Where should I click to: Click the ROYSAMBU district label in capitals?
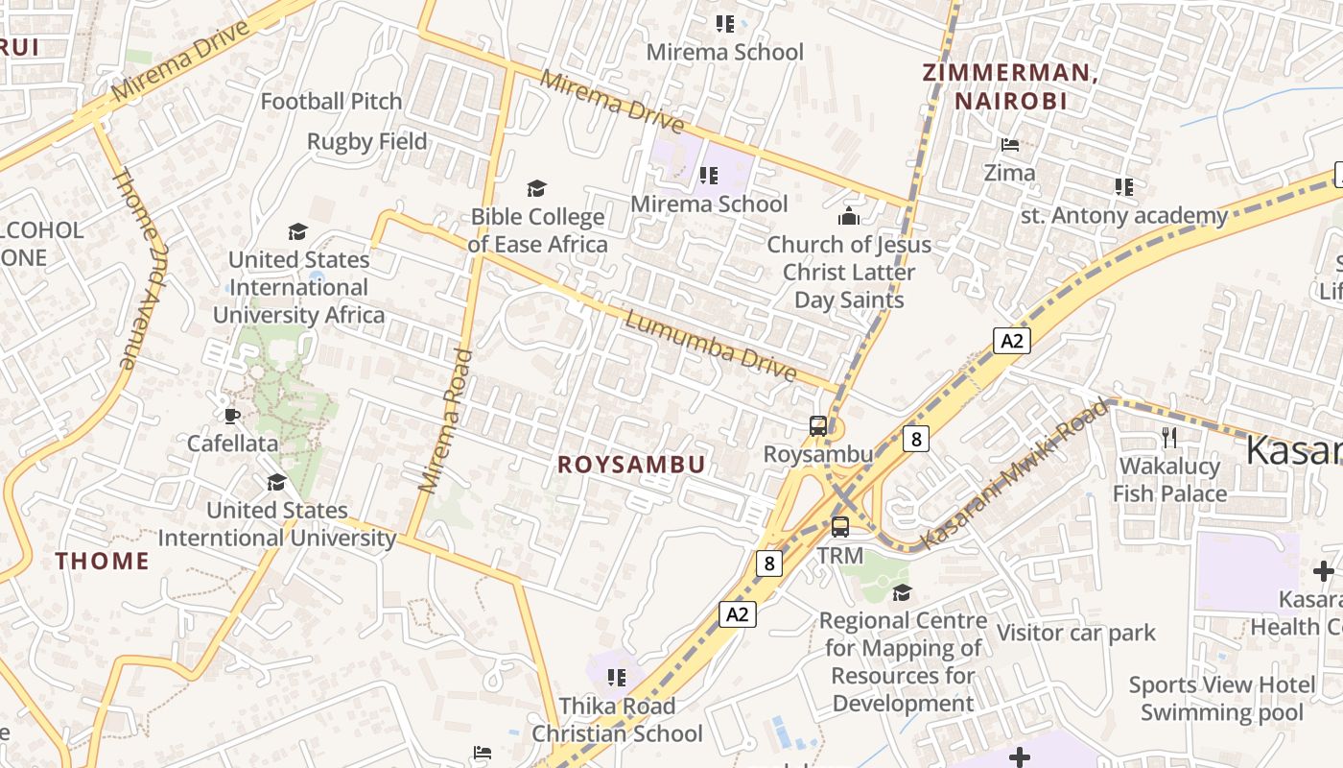pyautogui.click(x=631, y=465)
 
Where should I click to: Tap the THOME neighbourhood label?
pyautogui.click(x=102, y=562)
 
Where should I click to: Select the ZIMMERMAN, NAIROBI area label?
pyautogui.click(x=1009, y=85)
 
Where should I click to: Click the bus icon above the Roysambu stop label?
pyautogui.click(x=818, y=425)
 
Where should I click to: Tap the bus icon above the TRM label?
pyautogui.click(x=840, y=526)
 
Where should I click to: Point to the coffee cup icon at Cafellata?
pyautogui.click(x=231, y=416)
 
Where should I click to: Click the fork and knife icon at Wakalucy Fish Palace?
pyautogui.click(x=1168, y=438)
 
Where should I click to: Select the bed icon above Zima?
pyautogui.click(x=1009, y=145)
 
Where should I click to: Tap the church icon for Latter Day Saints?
pyautogui.click(x=849, y=216)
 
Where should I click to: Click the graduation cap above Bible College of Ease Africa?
pyautogui.click(x=537, y=188)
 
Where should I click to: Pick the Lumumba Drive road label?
pyautogui.click(x=711, y=346)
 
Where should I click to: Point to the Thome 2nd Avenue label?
pyautogui.click(x=141, y=268)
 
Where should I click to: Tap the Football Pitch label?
pyautogui.click(x=331, y=101)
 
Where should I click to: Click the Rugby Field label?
pyautogui.click(x=366, y=141)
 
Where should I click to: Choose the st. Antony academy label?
pyautogui.click(x=1124, y=215)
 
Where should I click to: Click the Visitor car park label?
pyautogui.click(x=1076, y=633)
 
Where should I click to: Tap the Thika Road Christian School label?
pyautogui.click(x=617, y=720)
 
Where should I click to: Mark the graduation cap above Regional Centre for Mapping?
pyautogui.click(x=902, y=592)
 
